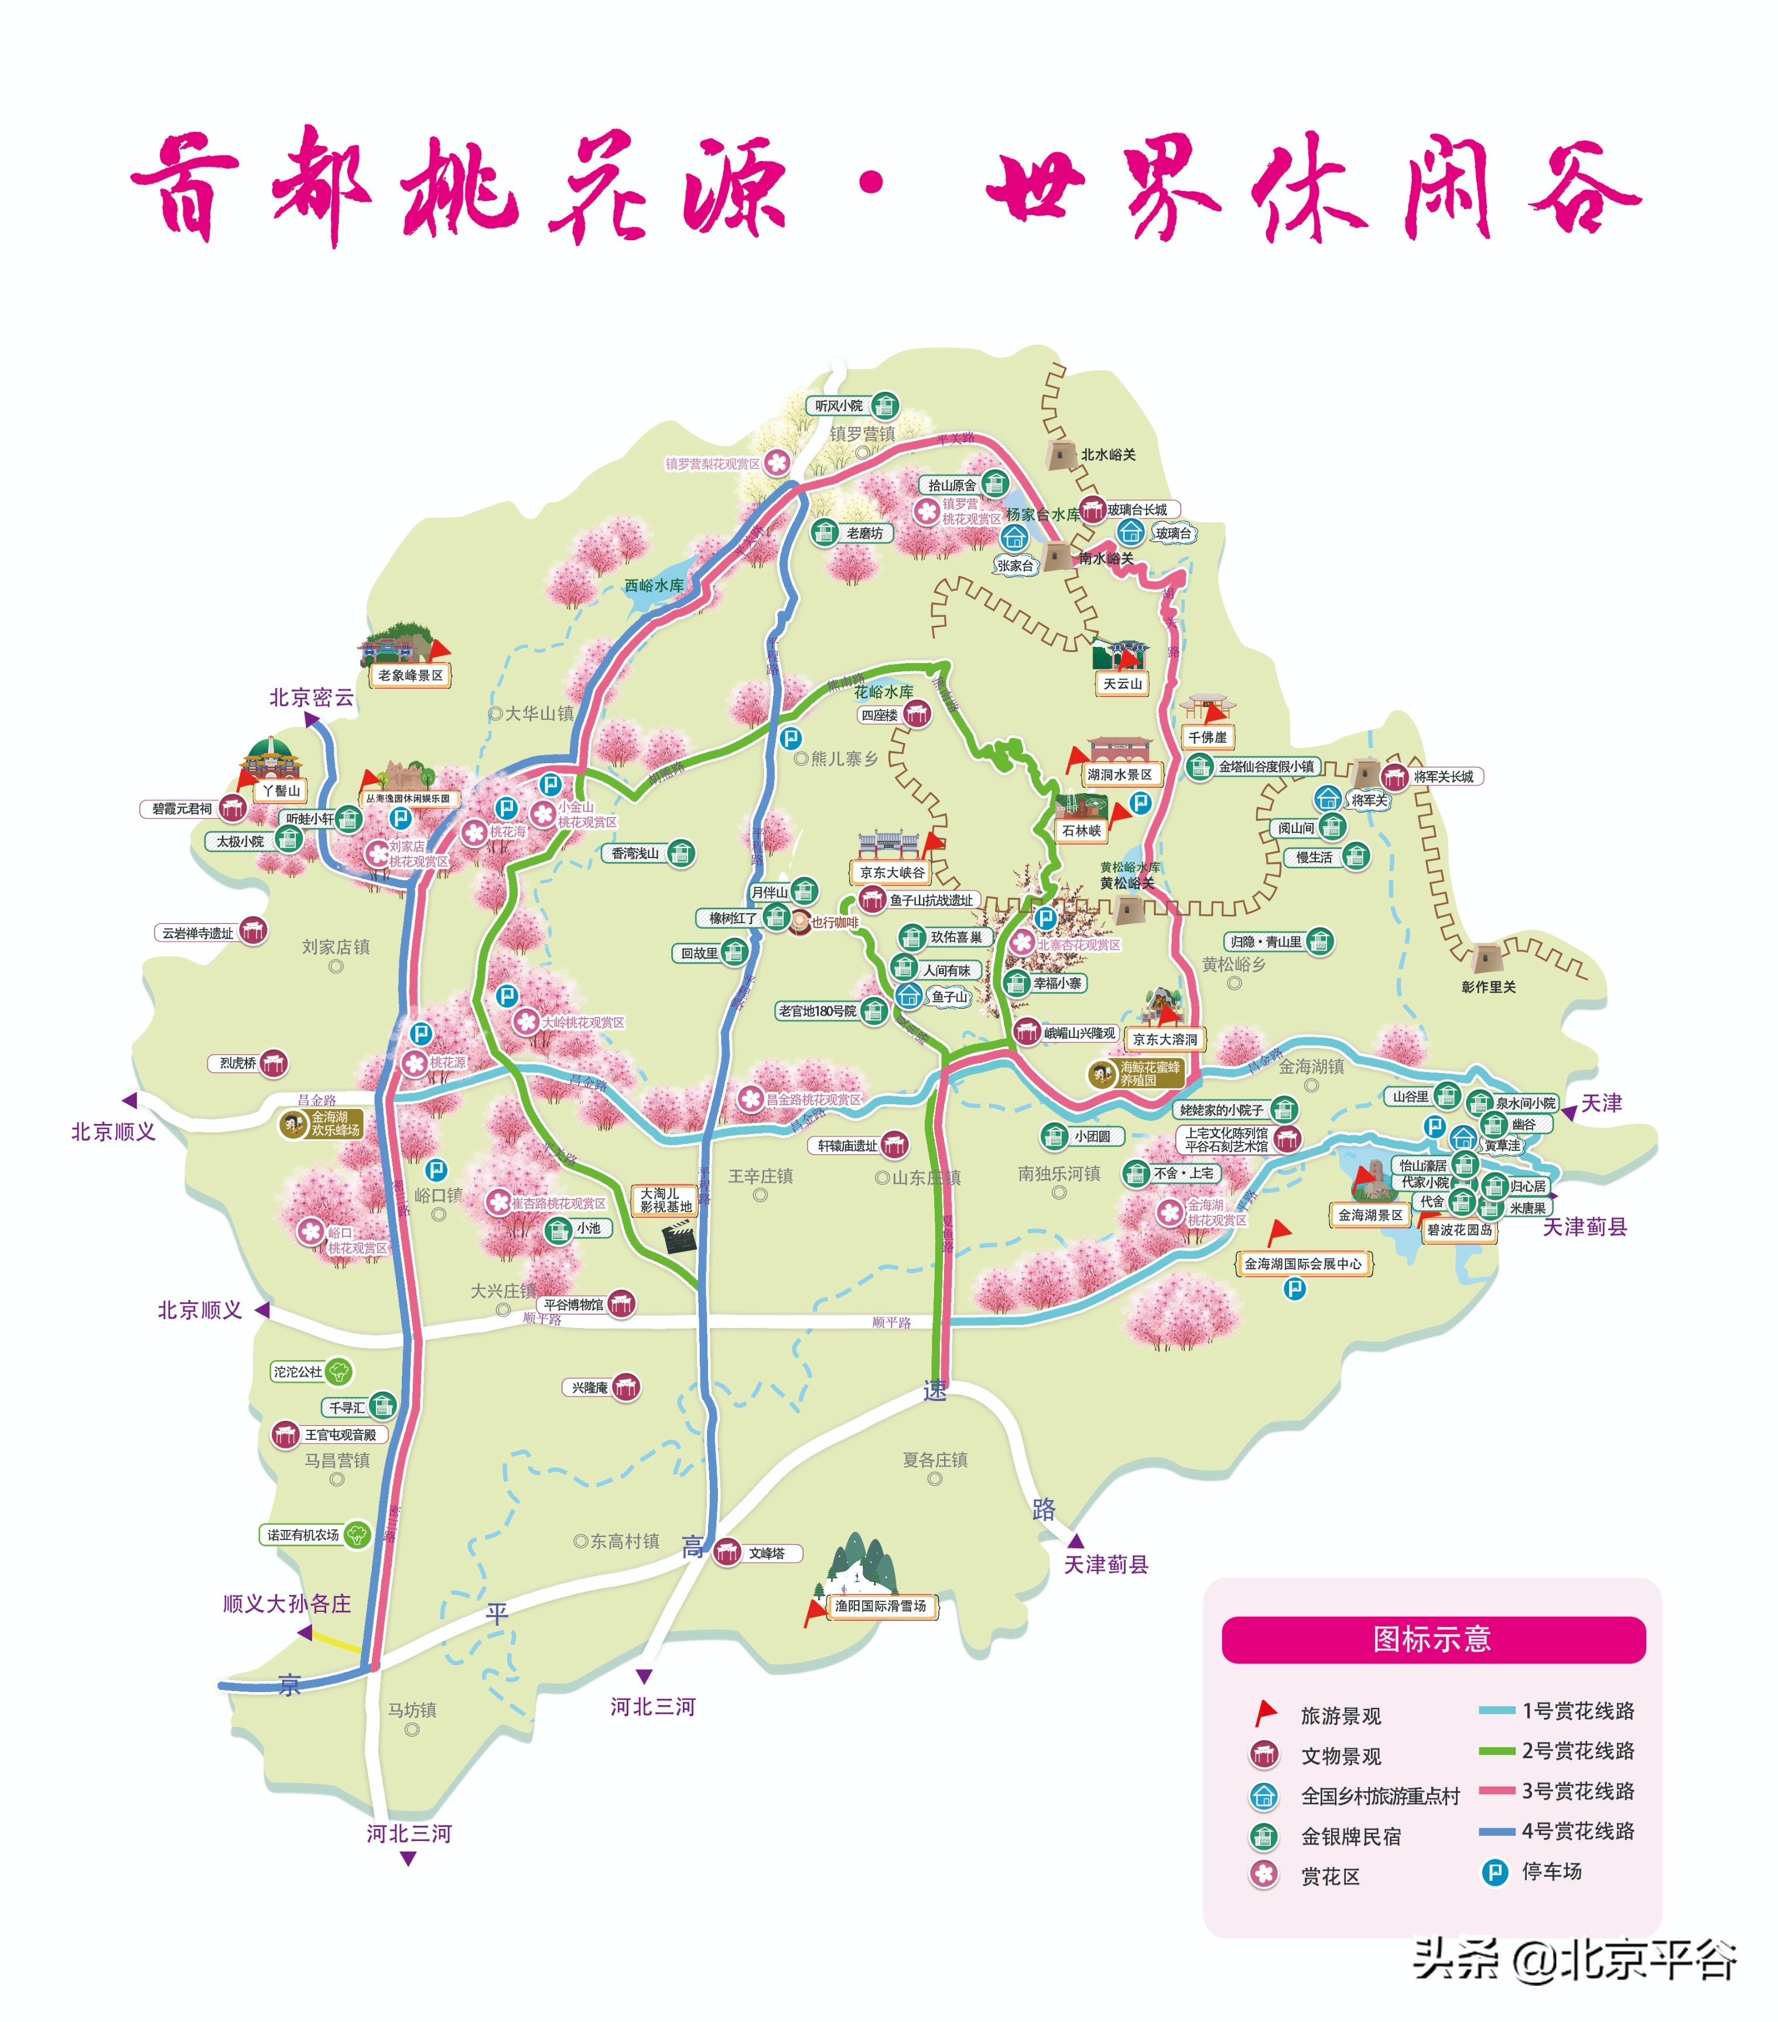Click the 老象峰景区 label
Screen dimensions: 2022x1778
point(411,675)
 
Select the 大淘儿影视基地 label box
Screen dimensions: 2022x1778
point(665,1200)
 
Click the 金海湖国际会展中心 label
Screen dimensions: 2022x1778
point(1302,1263)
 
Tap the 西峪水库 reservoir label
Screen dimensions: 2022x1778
point(654,586)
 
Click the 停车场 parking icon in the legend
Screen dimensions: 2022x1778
point(1494,1871)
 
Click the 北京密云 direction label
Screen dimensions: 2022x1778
point(312,698)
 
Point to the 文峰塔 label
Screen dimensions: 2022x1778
point(767,1553)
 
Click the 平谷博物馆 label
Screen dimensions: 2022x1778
point(573,1305)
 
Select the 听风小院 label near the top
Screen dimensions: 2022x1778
point(839,405)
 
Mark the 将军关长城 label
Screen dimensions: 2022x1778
point(1443,777)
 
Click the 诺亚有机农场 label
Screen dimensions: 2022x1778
point(303,1534)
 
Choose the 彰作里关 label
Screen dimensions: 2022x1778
point(1488,986)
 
